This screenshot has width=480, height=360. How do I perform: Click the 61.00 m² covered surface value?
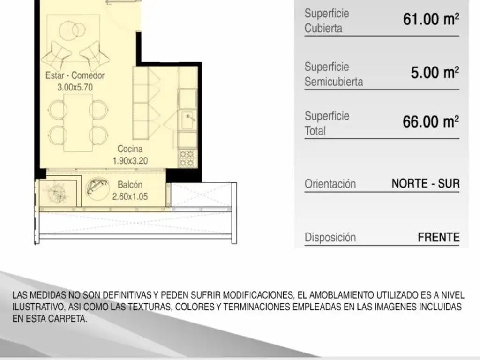point(431,19)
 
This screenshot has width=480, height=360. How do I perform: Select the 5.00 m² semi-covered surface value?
point(435,73)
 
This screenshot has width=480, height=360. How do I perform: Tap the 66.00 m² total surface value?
point(431,122)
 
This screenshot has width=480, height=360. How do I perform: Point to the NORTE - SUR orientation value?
point(426,184)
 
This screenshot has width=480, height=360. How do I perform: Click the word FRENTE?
point(439,237)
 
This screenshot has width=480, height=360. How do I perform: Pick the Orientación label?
point(330,184)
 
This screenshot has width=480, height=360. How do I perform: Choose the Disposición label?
point(330,238)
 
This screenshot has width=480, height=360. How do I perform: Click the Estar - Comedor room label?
point(75,75)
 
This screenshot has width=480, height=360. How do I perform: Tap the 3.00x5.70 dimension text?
point(75,88)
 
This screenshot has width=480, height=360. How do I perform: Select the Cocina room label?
point(130,149)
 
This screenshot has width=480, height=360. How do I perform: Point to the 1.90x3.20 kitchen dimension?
point(130,161)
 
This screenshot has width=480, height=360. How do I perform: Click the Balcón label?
point(130,185)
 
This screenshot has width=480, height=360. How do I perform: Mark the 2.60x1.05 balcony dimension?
point(130,196)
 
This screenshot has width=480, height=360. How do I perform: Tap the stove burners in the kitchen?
point(187,158)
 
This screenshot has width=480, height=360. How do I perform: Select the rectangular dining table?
point(78,122)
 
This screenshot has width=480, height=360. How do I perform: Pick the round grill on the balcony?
point(97,187)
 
